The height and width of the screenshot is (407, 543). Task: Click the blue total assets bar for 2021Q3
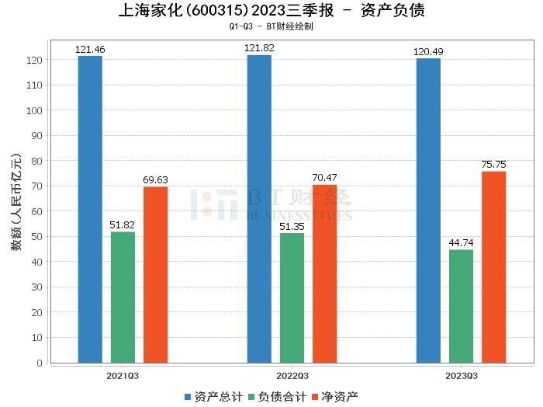click(x=90, y=209)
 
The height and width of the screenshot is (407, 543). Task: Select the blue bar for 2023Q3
click(x=428, y=210)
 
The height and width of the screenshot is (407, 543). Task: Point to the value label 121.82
click(x=259, y=48)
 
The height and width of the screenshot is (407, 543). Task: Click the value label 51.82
click(x=123, y=225)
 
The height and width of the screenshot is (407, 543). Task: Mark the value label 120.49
click(x=428, y=52)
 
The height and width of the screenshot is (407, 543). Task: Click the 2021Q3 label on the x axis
click(x=123, y=375)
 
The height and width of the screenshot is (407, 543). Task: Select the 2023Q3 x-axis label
click(x=461, y=375)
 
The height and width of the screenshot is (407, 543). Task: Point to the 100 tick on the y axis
click(x=33, y=110)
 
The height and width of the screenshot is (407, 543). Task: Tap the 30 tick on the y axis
click(x=36, y=287)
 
